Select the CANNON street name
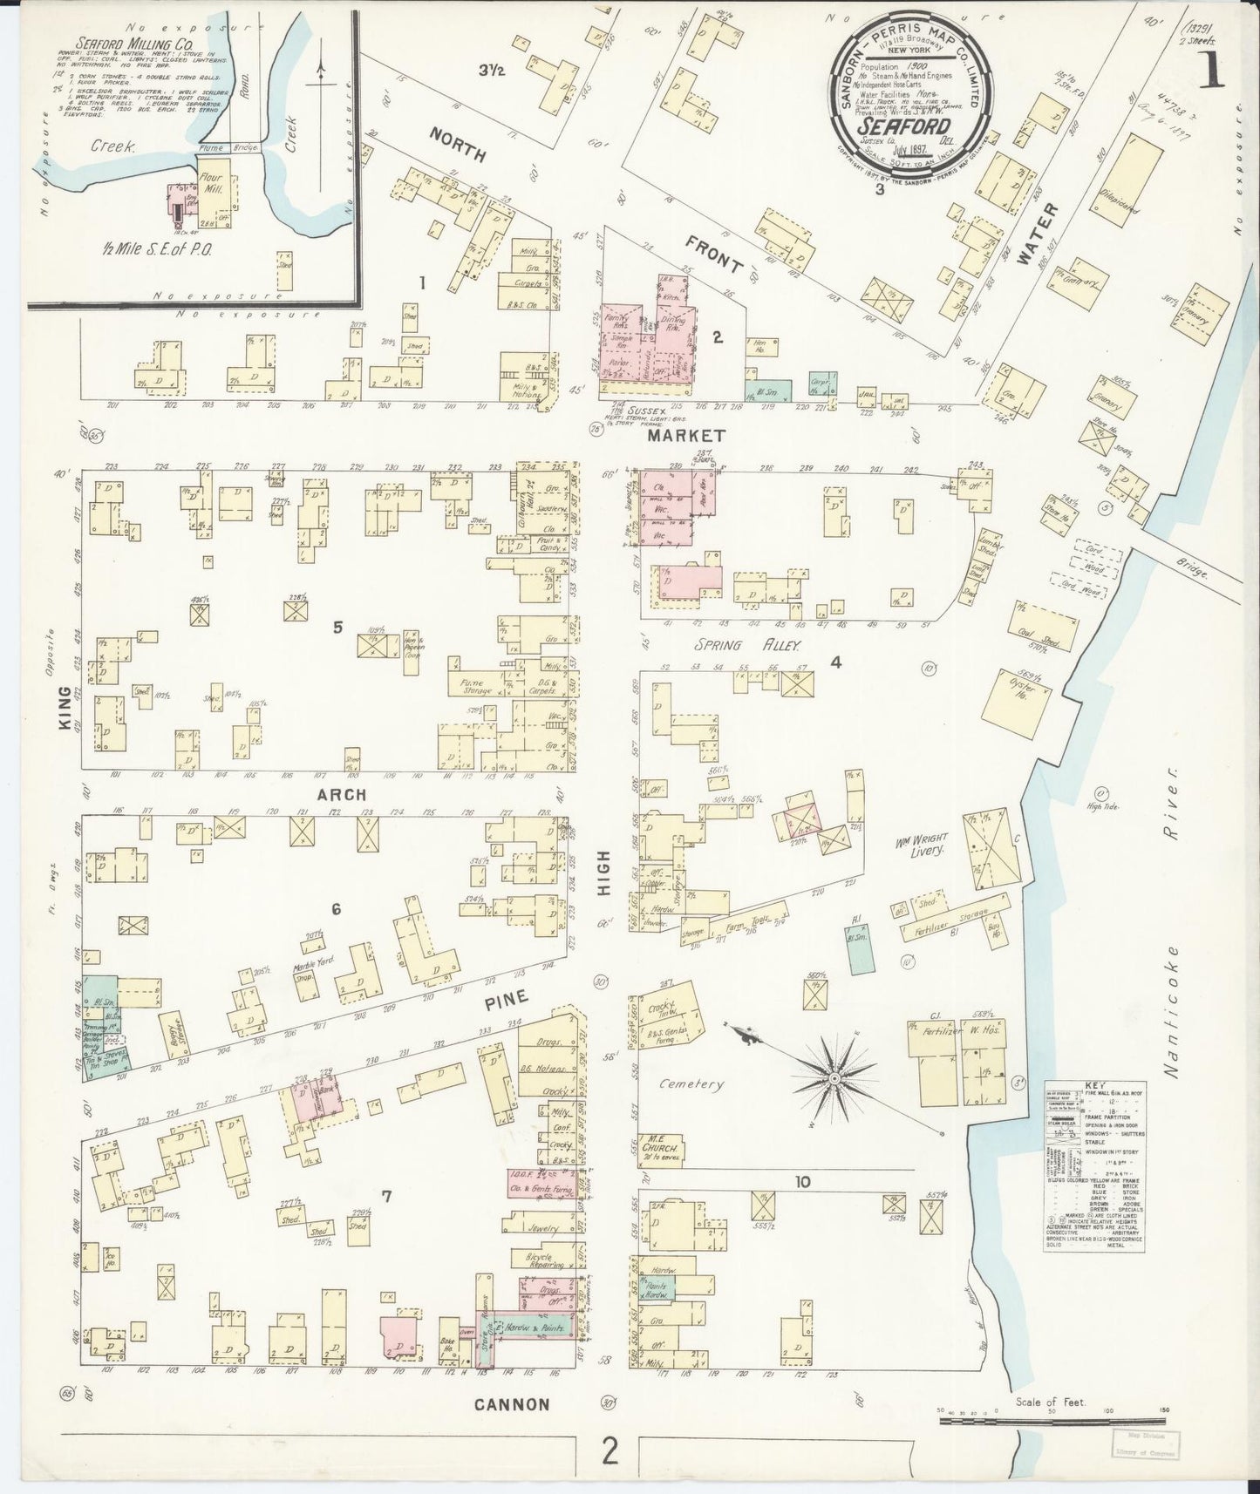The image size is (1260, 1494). [512, 1404]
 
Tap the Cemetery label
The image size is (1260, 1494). [691, 1085]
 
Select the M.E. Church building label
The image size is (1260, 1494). [658, 1144]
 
